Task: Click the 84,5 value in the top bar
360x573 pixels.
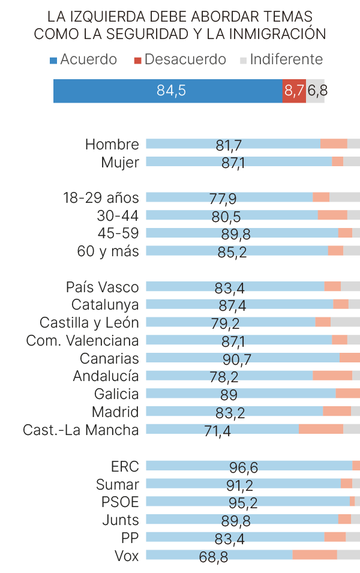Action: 171,91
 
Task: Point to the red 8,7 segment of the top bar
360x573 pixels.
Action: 294,91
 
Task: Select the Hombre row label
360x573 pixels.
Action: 112,145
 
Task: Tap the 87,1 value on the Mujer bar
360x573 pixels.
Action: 233,163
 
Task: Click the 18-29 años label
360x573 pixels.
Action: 101,198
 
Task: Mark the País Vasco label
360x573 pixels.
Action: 102,287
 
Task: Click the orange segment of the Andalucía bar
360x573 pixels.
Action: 332,376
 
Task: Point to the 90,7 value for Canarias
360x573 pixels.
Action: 237,359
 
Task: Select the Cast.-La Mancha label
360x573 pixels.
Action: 80,430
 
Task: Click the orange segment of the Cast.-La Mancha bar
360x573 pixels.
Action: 320,429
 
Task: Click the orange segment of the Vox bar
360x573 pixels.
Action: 314,554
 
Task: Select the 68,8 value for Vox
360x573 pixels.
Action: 214,557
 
